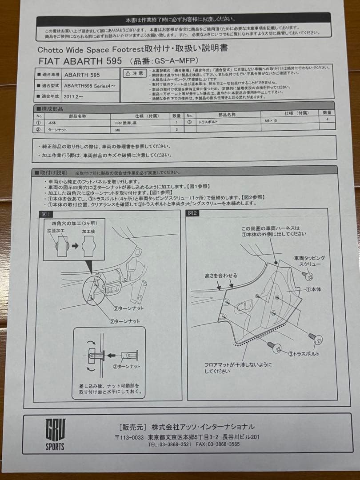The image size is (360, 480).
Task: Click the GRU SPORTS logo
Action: pyautogui.click(x=55, y=434)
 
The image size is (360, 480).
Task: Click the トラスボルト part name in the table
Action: pyautogui.click(x=208, y=121)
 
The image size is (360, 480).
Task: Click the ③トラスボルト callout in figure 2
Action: pyautogui.click(x=304, y=354)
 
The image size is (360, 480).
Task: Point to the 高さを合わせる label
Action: pyautogui.click(x=221, y=276)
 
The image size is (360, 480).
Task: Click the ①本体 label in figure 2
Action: pyautogui.click(x=313, y=289)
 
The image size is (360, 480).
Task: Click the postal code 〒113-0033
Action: pyautogui.click(x=129, y=437)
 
